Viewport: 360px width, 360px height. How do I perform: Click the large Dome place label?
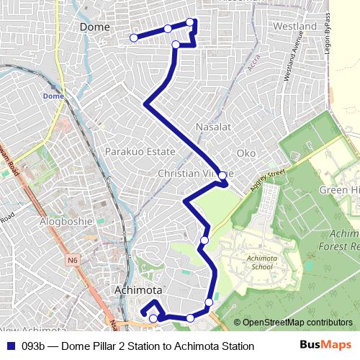(94, 27)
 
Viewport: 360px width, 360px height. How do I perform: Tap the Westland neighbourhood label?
(295, 27)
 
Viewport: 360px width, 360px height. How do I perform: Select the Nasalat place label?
(213, 127)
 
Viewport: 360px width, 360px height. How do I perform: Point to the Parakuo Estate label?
(140, 152)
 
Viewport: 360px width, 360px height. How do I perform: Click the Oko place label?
(246, 153)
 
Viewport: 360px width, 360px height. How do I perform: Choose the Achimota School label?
(258, 262)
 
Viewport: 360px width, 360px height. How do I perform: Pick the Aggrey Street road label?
(268, 179)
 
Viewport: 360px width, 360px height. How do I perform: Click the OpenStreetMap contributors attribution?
(292, 323)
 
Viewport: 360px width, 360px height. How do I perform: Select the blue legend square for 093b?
(11, 346)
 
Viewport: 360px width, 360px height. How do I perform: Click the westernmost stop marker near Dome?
(133, 37)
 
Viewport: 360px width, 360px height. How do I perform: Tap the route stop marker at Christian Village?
(222, 175)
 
